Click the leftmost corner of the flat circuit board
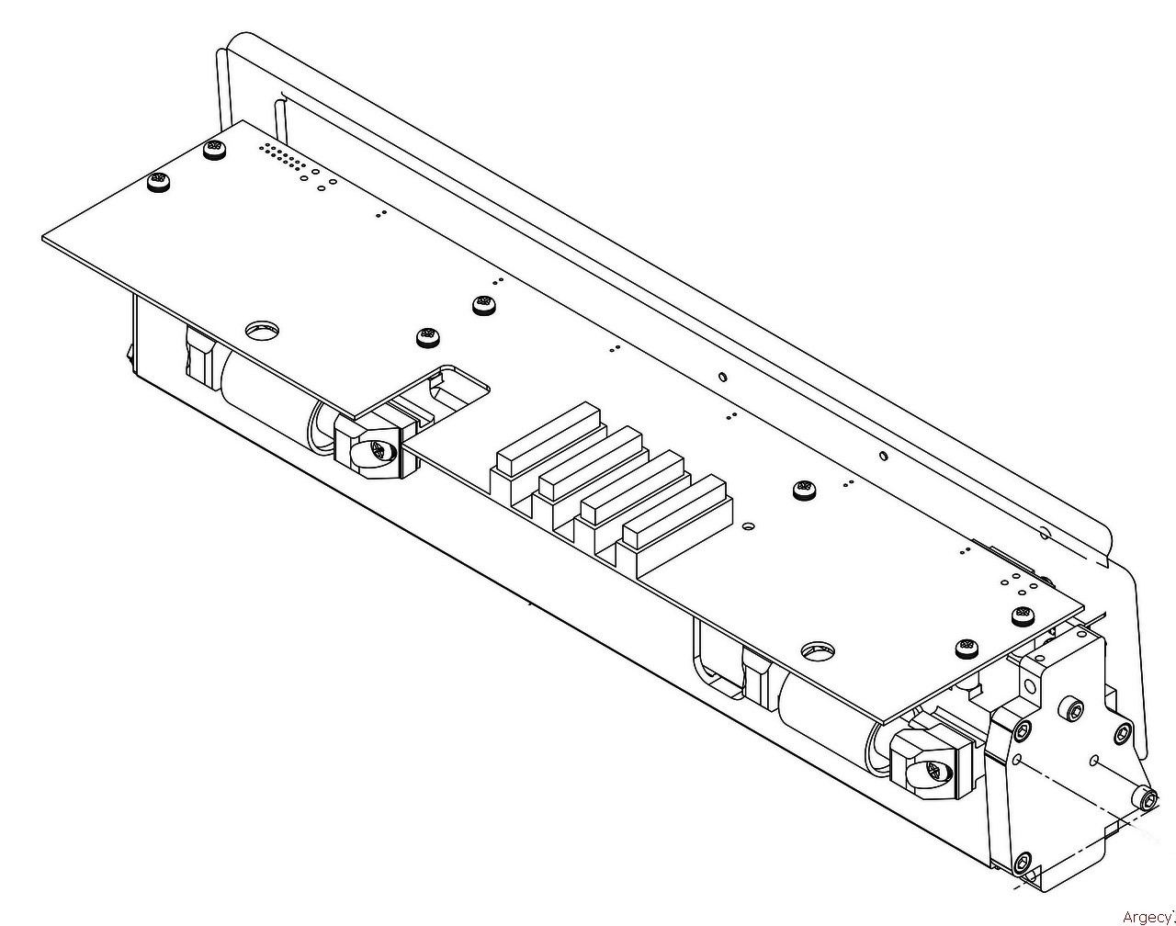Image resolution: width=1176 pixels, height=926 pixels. pos(42,238)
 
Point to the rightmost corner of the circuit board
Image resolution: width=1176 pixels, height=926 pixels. pos(1084,611)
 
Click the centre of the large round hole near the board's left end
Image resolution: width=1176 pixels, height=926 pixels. pos(263,331)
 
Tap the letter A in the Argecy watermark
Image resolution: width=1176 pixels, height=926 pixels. pos(1125,917)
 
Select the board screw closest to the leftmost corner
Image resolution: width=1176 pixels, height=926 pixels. pos(158,180)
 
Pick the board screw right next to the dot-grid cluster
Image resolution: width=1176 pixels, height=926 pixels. pos(214,149)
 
